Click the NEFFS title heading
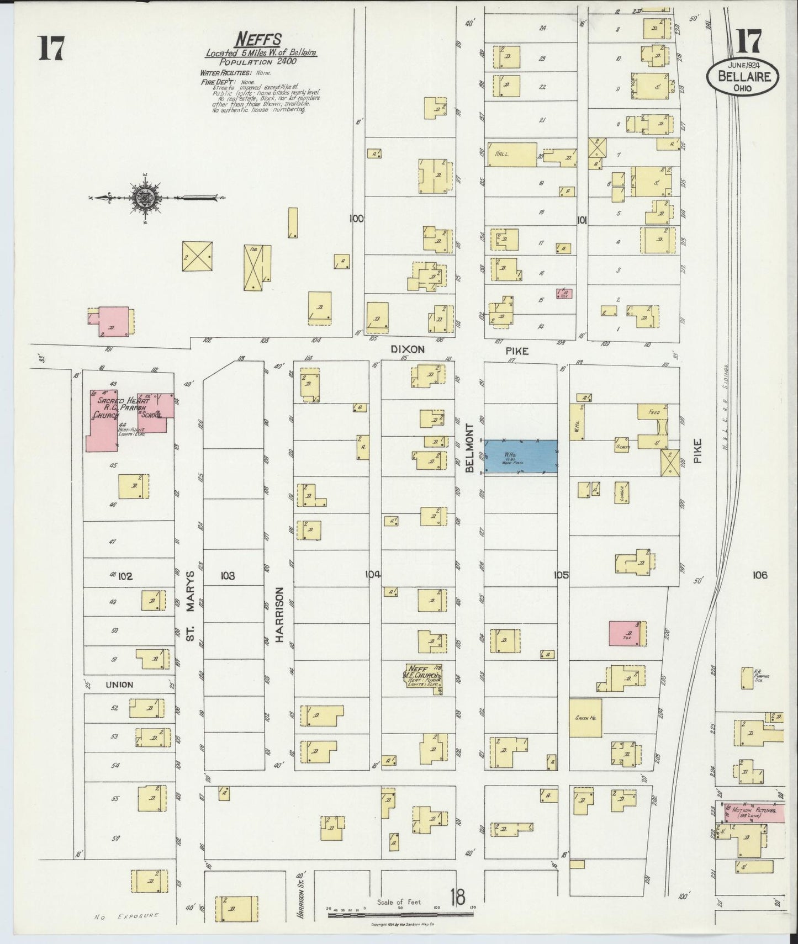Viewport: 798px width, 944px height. (x=258, y=40)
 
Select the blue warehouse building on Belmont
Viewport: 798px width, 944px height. (x=521, y=457)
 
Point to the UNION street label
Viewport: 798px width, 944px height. (x=119, y=685)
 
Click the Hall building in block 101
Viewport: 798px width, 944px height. (x=510, y=154)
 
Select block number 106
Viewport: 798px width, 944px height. (x=759, y=575)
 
